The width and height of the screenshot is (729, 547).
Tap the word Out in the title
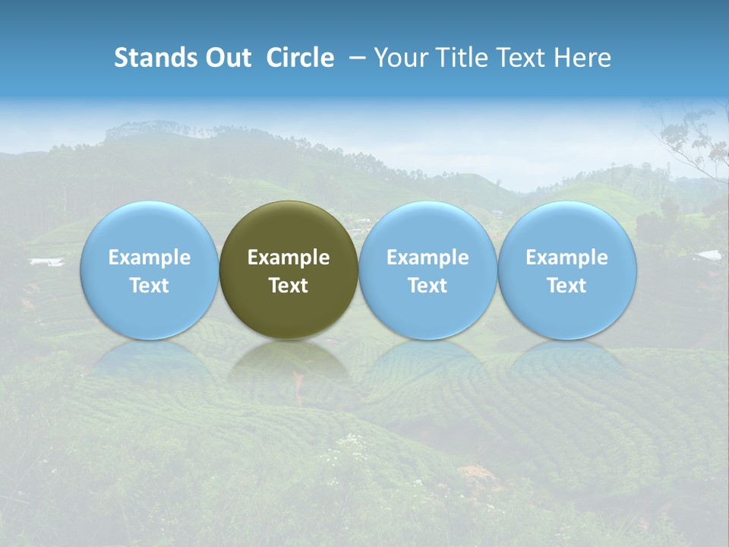click(226, 58)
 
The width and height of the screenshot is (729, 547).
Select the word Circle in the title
click(300, 58)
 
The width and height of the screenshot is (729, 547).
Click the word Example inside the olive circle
click(289, 258)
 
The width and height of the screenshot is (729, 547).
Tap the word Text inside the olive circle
click(289, 286)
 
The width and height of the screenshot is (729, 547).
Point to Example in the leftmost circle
click(149, 258)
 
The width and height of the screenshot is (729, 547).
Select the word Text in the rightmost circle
click(566, 286)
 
